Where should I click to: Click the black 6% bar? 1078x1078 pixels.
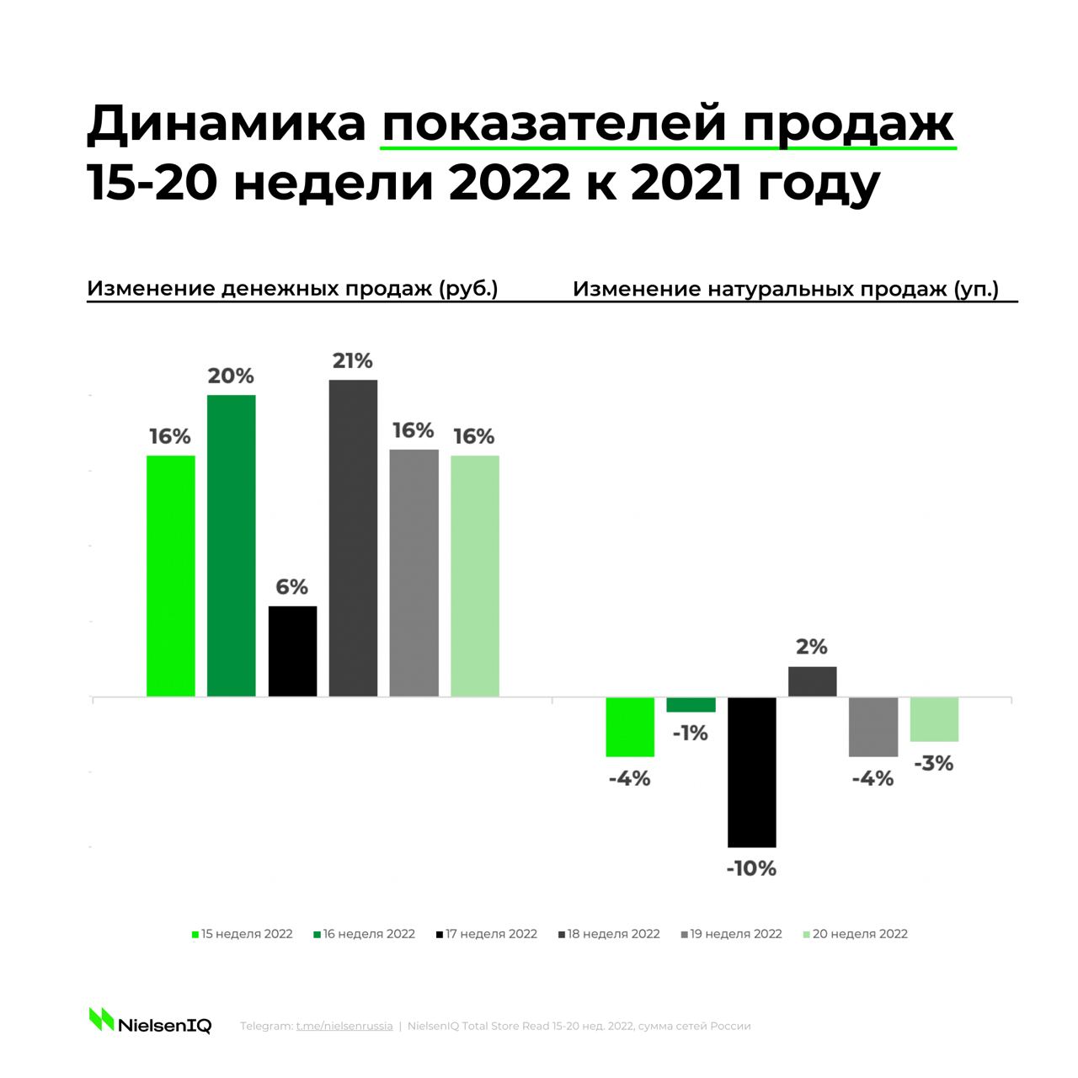(x=292, y=651)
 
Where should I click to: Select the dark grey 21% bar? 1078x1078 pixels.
(x=353, y=538)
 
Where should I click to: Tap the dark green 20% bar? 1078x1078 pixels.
(x=232, y=546)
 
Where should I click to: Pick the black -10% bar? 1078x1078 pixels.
(x=751, y=772)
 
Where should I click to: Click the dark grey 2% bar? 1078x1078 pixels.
(x=812, y=682)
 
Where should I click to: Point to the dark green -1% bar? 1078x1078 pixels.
(x=691, y=705)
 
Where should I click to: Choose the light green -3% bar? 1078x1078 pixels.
(x=934, y=719)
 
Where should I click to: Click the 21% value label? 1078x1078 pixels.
(x=353, y=361)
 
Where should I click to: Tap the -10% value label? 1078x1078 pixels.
(x=751, y=868)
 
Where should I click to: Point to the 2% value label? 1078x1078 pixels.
(x=812, y=647)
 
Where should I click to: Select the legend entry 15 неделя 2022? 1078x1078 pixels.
(x=243, y=934)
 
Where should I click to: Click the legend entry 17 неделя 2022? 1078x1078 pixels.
(x=487, y=934)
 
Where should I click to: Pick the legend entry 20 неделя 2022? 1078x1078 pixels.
(x=856, y=934)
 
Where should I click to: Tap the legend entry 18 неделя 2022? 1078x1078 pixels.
(x=609, y=934)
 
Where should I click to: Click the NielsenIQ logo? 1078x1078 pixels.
(x=151, y=1023)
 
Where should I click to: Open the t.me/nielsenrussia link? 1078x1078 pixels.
(x=344, y=1027)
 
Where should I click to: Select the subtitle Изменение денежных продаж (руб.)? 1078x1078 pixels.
(x=292, y=289)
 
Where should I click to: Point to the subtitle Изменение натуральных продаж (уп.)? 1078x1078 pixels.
(x=786, y=289)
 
